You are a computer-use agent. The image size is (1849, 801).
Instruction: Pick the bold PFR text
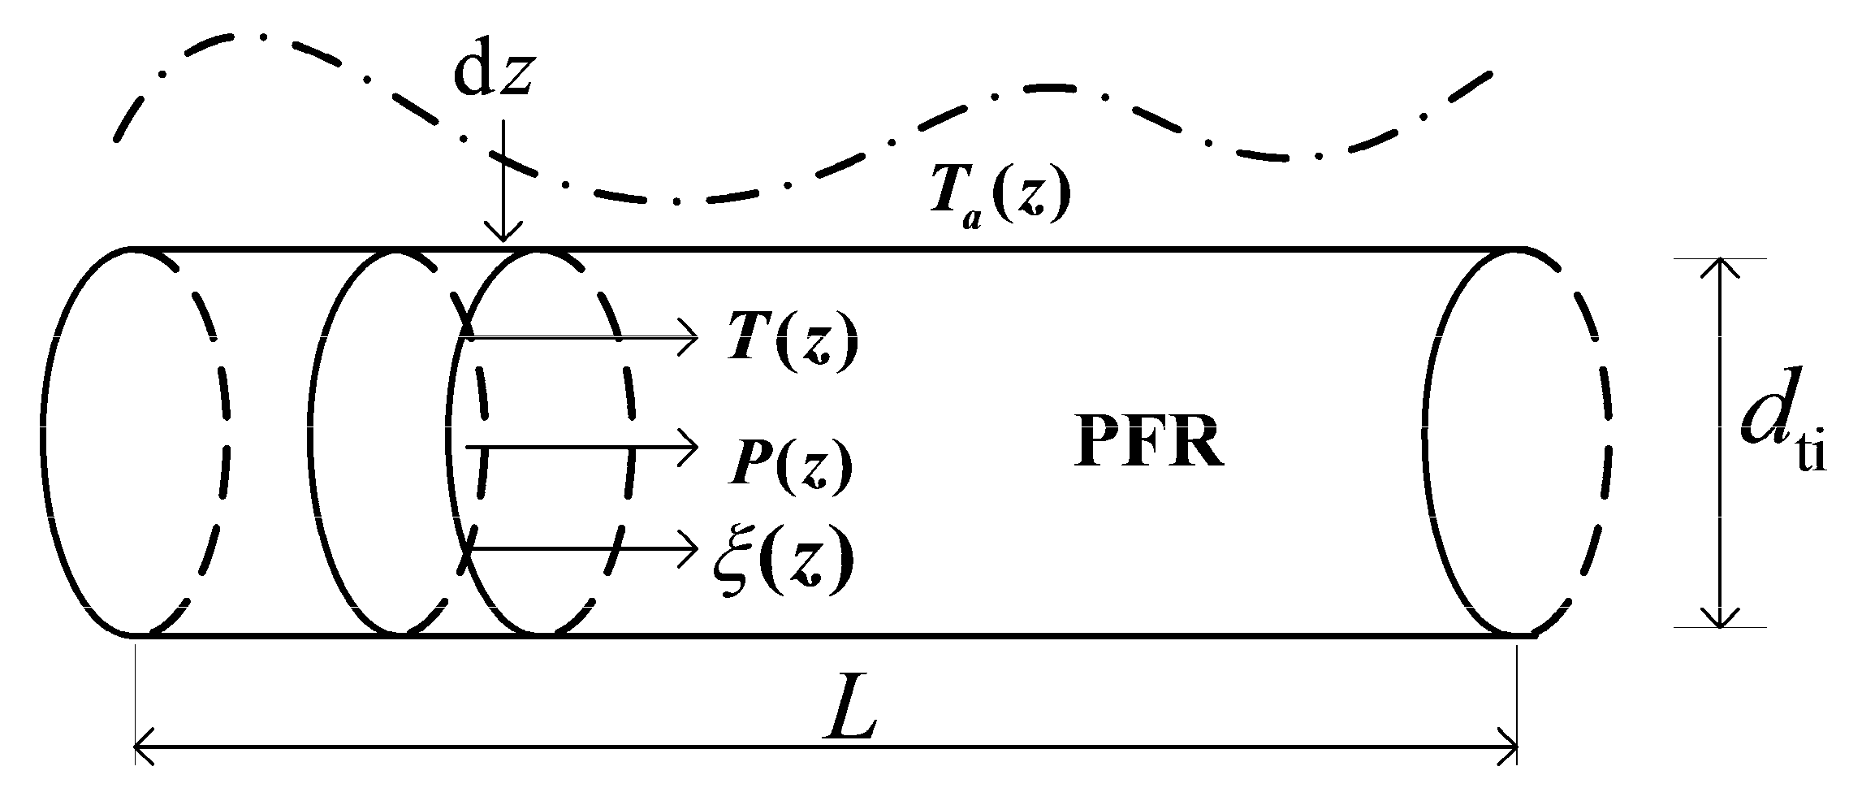pos(1148,446)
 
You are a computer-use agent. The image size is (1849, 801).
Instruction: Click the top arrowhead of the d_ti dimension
pos(1719,270)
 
